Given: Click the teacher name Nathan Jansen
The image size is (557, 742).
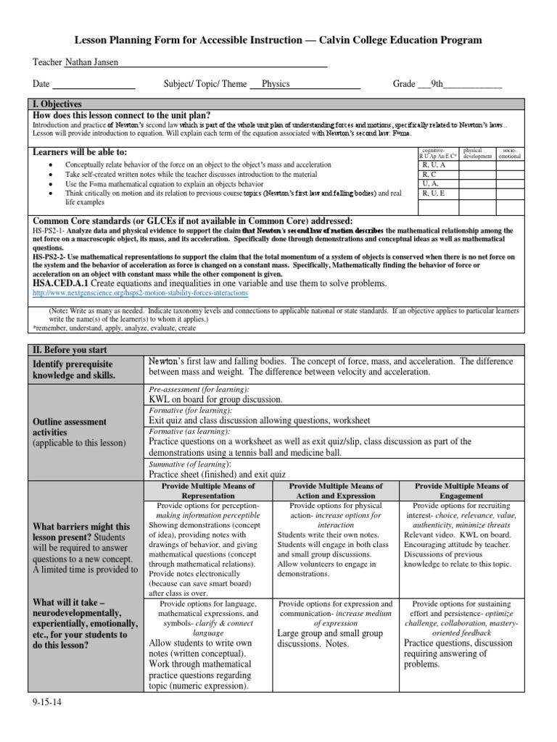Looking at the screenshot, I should [x=91, y=63].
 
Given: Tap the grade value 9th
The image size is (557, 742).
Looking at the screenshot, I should [x=437, y=84].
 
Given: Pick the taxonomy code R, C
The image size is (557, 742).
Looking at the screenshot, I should [x=429, y=175].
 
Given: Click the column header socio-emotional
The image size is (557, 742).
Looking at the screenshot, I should [x=510, y=154].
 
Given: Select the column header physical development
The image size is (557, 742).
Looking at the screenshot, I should [x=476, y=154].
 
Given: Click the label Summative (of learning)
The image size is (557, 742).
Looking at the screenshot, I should [x=190, y=463].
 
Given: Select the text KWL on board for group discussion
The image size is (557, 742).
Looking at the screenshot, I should [x=215, y=399].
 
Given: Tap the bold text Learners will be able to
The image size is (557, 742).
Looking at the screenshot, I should [x=80, y=151].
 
